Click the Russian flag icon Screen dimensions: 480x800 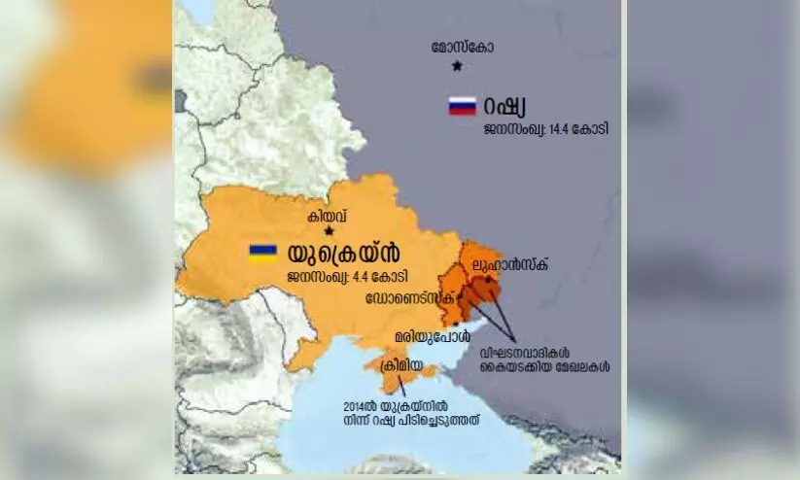point(462,106)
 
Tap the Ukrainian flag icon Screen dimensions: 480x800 point(262,253)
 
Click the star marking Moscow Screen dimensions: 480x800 point(457,66)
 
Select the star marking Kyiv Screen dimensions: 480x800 point(330,231)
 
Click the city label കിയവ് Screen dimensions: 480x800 point(328,217)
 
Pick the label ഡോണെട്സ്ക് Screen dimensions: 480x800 point(408,297)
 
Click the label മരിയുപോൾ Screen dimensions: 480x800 point(426,335)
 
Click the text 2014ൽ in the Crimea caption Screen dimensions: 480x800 point(358,406)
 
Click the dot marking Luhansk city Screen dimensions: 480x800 point(488,278)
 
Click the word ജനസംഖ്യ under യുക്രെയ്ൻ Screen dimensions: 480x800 point(317,277)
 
